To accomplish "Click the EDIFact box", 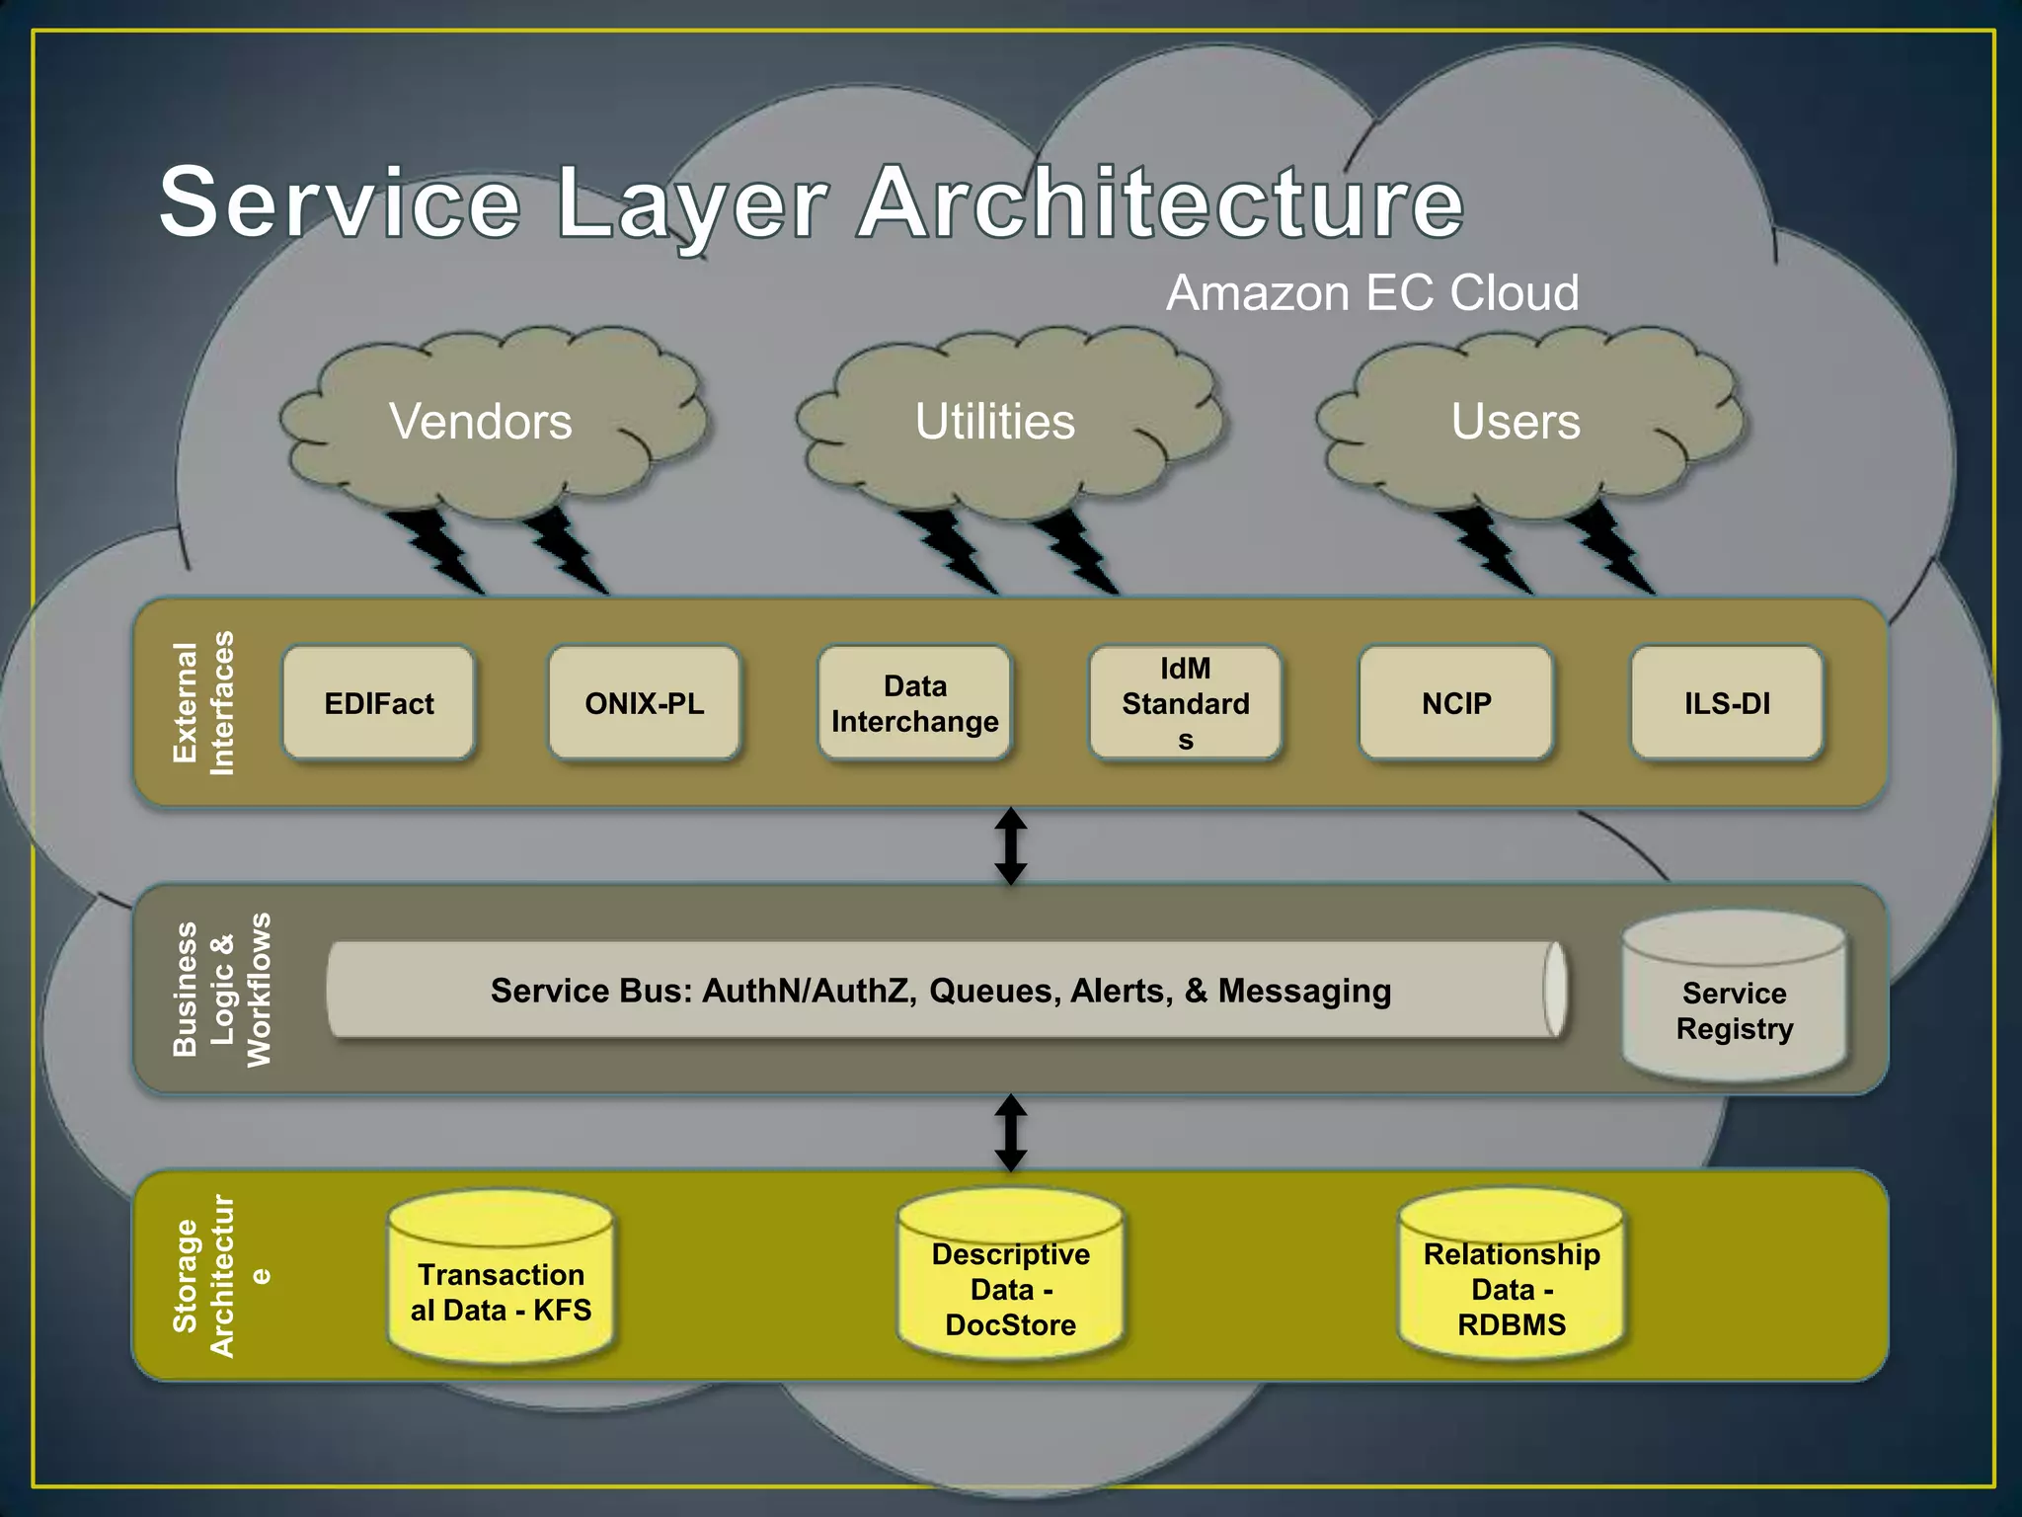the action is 379,703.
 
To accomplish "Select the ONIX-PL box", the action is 644,703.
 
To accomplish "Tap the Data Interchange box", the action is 914,703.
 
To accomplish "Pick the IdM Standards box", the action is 1185,703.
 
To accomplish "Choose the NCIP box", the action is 1456,703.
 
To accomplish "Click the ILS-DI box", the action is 1727,703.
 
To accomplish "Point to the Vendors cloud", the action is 481,422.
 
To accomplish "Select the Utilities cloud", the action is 995,422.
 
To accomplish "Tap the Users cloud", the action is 1516,422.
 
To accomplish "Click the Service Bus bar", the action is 941,990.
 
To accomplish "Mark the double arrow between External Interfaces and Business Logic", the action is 1010,845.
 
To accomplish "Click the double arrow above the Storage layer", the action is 1010,1132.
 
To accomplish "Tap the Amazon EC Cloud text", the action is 1372,293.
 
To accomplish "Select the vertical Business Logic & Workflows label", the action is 221,990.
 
